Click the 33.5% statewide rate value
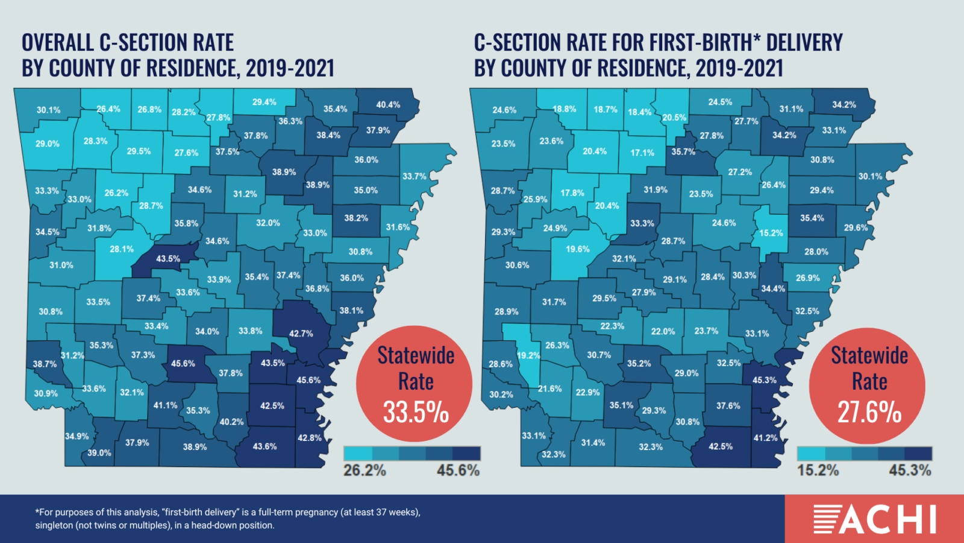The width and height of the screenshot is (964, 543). [416, 413]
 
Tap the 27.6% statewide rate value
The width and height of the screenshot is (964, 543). [869, 413]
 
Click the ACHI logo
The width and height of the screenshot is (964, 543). [875, 519]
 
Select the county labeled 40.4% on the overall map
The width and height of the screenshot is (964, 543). [388, 104]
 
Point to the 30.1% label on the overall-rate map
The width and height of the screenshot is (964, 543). [48, 110]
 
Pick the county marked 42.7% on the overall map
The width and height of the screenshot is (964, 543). [301, 333]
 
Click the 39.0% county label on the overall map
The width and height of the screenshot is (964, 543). [99, 453]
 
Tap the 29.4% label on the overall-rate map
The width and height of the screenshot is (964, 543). [264, 102]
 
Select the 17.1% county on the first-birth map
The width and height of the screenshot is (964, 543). [642, 153]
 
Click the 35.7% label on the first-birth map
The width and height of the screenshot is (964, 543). [683, 151]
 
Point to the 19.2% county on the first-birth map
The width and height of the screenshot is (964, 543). [528, 355]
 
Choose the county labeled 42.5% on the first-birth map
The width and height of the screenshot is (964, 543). [721, 446]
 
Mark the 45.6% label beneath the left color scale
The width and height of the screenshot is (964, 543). [458, 471]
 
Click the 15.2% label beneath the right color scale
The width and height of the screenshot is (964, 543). [818, 471]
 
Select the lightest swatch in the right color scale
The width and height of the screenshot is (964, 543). [810, 453]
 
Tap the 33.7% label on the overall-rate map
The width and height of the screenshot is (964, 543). [415, 176]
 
